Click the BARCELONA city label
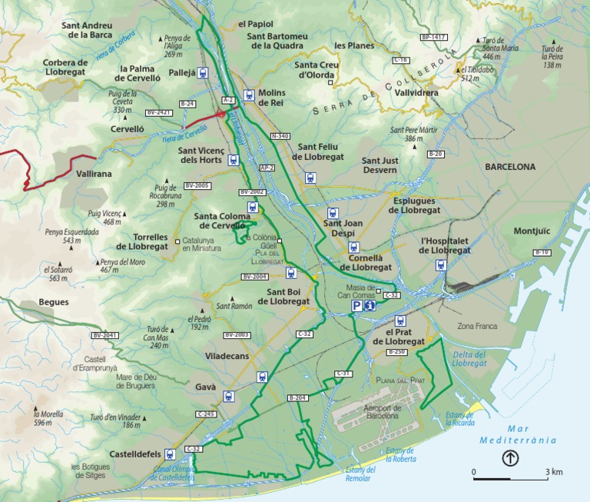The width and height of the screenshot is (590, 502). coord(509,166)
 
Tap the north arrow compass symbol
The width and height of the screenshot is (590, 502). coord(510,459)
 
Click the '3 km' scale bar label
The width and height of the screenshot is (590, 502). coord(554,471)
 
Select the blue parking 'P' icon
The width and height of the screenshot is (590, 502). coord(357,306)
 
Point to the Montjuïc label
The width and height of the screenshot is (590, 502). coord(532,231)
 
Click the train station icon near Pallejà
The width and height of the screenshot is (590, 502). coord(203,73)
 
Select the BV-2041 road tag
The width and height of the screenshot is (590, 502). coord(105,335)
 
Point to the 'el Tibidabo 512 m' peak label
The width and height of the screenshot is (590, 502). coord(476,74)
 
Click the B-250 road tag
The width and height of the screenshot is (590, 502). coord(396,351)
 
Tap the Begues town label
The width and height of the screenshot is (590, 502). coord(54,302)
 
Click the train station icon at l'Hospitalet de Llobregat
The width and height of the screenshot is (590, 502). coord(441,265)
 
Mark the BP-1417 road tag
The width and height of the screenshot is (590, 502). coord(433,37)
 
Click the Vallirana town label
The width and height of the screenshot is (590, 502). coord(94,174)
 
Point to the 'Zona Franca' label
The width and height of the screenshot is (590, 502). coord(477,326)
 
